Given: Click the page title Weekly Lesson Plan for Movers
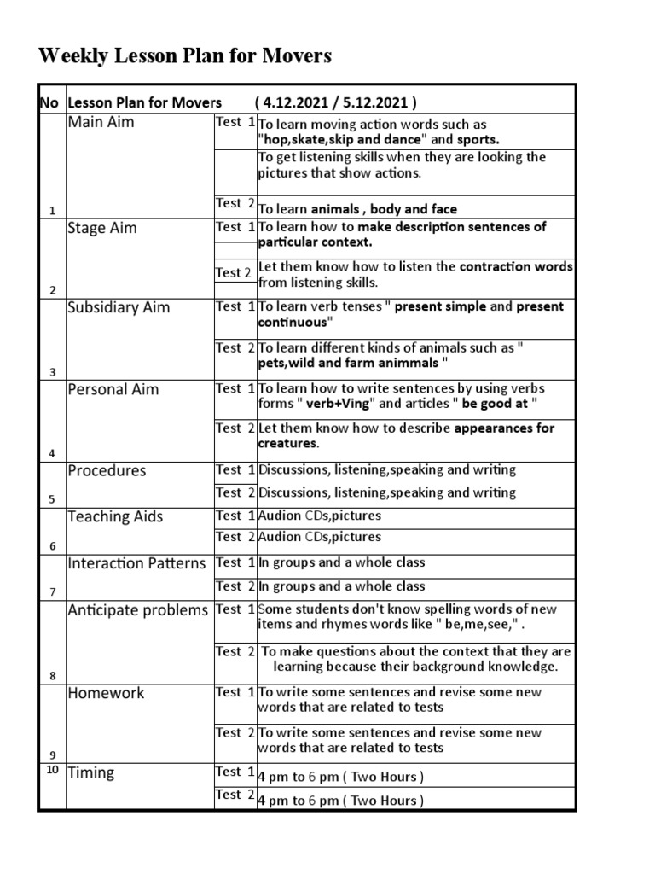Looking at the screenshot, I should pos(185,57).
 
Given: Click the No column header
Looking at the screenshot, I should pos(49,103).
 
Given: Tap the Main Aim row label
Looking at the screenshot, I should pos(101,123).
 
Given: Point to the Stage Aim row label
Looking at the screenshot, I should pos(101,229).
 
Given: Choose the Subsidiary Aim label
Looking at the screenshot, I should pos(119,307).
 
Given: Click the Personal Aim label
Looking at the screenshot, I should pos(113,389).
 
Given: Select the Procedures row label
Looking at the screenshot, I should pos(107,471).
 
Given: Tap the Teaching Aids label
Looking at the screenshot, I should pos(115,516).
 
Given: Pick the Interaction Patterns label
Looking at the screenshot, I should pos(136,563).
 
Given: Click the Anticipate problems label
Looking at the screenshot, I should pos(137,610).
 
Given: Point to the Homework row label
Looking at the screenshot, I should pos(106,693).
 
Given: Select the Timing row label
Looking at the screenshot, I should pos(90,772).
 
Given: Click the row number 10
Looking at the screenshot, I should pos(52,770).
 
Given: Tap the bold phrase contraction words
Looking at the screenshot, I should pos(516,267).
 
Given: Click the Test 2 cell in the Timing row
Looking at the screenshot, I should pos(235,795).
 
